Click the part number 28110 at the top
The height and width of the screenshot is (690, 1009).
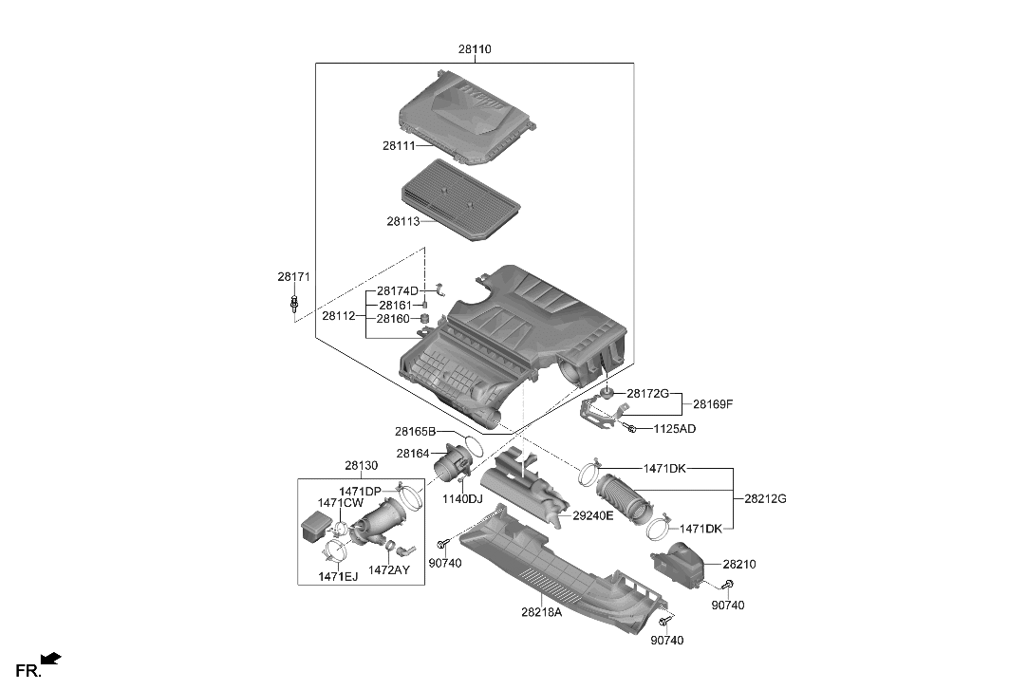tap(475, 48)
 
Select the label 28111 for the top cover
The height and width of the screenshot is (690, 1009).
tap(400, 146)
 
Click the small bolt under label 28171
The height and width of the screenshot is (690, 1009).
tap(295, 305)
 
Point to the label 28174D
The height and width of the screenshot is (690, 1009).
tap(398, 290)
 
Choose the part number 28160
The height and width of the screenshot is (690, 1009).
tap(394, 320)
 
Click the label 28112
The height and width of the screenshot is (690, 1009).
tap(339, 315)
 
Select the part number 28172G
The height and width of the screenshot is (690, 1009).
tap(648, 393)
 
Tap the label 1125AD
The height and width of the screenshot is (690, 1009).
tap(675, 429)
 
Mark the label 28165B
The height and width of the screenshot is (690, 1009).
tap(416, 433)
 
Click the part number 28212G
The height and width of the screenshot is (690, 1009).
tap(765, 498)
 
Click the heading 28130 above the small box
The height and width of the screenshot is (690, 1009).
tap(361, 466)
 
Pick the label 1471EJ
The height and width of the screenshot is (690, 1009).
tap(338, 576)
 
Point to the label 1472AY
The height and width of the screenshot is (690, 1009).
tap(390, 569)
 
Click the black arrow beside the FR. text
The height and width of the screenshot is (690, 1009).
tap(52, 657)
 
